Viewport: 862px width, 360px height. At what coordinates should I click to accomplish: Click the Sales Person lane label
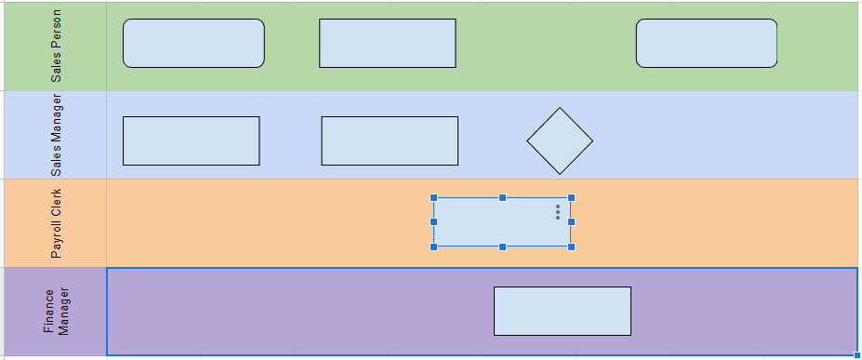[56, 47]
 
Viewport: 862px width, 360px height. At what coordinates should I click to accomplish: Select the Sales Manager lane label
[56, 135]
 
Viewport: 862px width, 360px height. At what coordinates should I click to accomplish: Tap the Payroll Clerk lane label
[56, 223]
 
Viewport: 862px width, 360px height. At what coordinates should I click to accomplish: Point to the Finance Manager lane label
[56, 312]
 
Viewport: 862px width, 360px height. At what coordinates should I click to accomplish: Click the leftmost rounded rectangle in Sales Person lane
[193, 44]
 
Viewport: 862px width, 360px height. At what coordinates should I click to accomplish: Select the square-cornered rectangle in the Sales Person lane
[387, 44]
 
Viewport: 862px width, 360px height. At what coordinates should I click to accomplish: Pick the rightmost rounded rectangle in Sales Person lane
[706, 44]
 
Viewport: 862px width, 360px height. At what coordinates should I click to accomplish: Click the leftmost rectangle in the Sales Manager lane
[191, 140]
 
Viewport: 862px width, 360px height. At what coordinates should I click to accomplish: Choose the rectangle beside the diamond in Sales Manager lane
[390, 140]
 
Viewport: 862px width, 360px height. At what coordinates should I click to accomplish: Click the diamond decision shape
[559, 141]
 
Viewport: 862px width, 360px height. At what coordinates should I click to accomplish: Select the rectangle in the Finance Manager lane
[562, 311]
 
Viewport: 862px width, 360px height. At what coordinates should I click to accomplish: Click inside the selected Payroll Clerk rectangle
[493, 223]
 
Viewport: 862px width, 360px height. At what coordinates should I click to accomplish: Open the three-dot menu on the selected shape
[558, 212]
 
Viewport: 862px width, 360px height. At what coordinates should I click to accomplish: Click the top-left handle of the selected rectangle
[434, 197]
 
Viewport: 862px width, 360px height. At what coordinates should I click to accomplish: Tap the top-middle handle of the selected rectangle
[502, 197]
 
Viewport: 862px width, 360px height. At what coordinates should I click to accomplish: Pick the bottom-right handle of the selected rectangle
[571, 247]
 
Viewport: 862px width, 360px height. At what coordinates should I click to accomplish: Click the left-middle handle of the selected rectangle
[434, 222]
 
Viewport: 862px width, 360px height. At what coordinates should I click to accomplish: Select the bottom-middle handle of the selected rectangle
[502, 247]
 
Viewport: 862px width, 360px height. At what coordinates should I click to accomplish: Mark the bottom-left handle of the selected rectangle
[434, 247]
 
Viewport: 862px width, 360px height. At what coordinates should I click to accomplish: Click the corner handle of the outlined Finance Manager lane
[856, 355]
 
